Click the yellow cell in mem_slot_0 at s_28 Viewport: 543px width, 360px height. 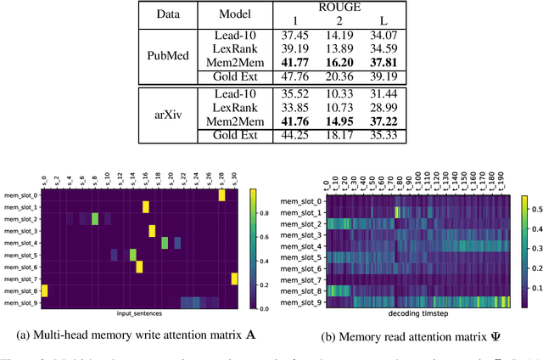click(x=221, y=195)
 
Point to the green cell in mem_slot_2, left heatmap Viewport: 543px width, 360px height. click(x=95, y=219)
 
